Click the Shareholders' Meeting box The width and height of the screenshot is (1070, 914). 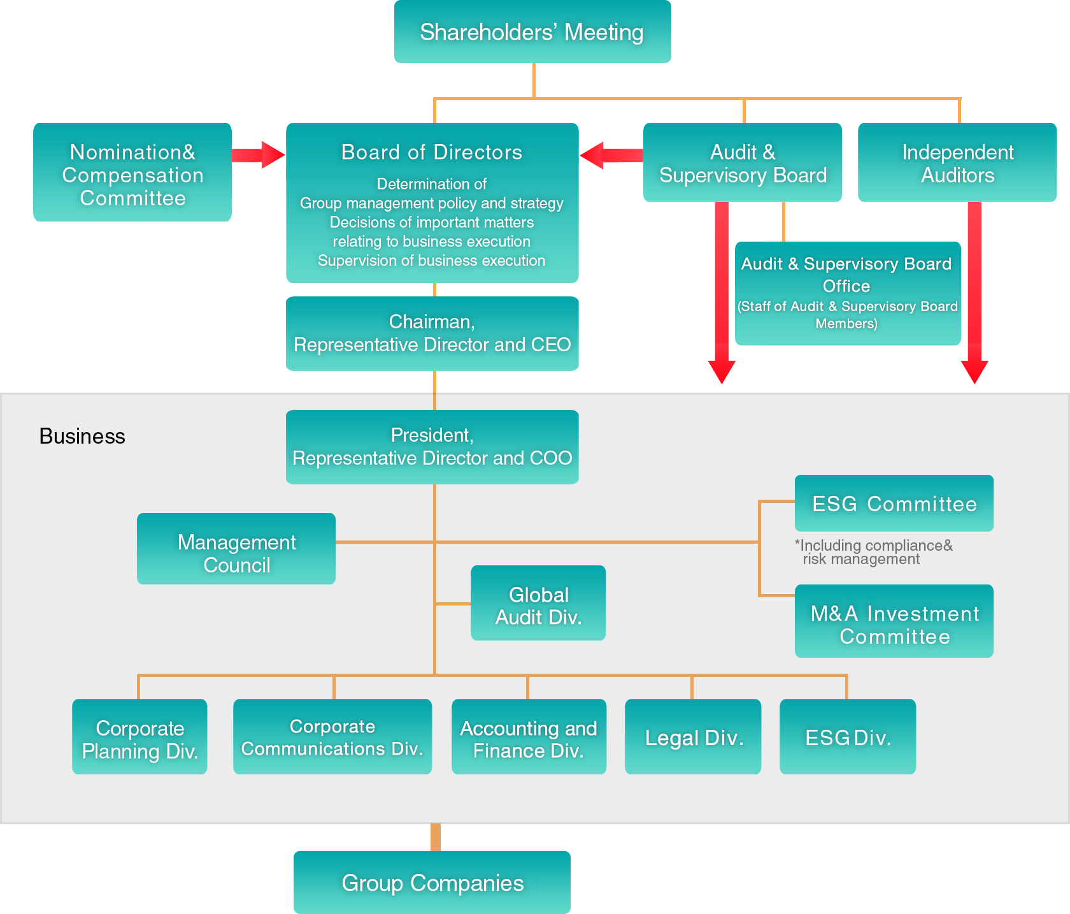click(532, 32)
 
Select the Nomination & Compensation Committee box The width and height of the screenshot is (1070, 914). click(132, 173)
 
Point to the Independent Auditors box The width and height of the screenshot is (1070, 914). click(957, 163)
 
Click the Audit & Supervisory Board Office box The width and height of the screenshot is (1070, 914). click(847, 293)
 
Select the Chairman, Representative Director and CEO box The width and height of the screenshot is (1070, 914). click(432, 333)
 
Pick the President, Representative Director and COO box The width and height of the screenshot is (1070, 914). click(432, 447)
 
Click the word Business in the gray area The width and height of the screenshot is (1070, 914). click(82, 436)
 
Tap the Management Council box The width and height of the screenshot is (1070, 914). click(236, 549)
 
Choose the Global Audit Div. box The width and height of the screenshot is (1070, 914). click(538, 603)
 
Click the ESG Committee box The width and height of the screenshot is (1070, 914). click(894, 504)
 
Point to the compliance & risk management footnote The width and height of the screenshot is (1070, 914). click(873, 552)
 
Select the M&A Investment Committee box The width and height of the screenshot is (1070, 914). click(894, 621)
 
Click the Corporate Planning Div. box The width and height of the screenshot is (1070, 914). click(139, 737)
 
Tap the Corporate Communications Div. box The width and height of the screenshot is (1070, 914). click(332, 737)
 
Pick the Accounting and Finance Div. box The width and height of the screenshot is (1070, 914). click(529, 737)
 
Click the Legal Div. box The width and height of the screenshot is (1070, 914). click(693, 737)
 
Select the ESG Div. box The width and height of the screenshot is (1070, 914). click(848, 737)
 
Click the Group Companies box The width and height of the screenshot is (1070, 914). click(432, 882)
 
